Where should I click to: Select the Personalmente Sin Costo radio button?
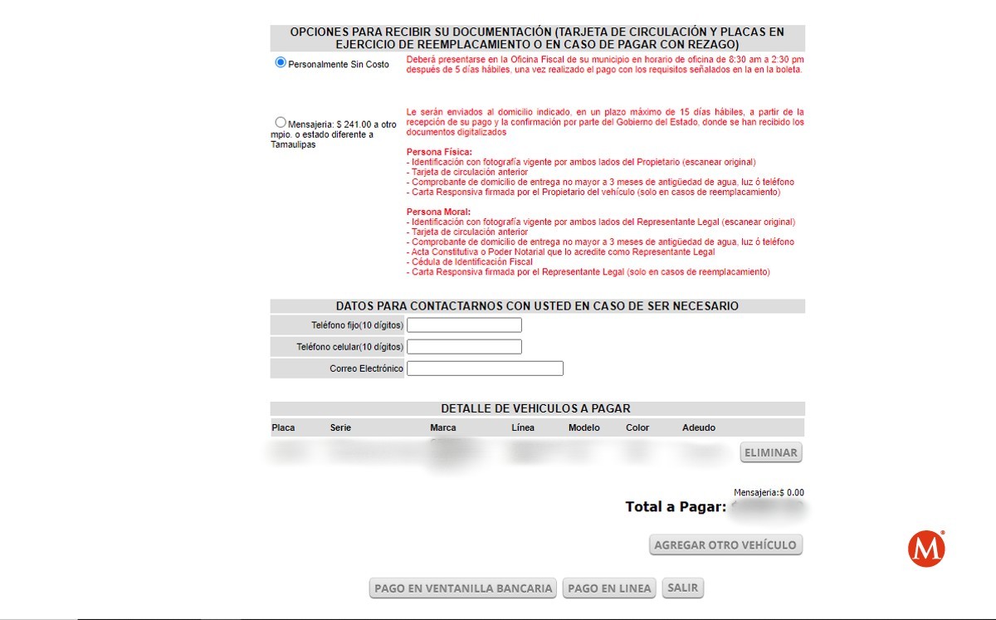tap(281, 63)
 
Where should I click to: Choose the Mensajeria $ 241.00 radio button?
tap(281, 123)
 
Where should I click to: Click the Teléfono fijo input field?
tap(464, 325)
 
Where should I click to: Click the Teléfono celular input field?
tap(464, 347)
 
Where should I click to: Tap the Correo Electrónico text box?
tap(485, 369)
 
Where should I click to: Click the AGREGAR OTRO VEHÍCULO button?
tap(725, 545)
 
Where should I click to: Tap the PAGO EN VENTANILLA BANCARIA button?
tap(463, 588)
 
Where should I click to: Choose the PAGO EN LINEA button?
tap(609, 588)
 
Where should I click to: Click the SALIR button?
tap(683, 588)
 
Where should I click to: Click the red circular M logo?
tap(926, 549)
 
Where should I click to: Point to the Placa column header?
tap(283, 428)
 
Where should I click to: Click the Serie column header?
tap(340, 428)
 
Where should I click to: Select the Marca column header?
tap(442, 428)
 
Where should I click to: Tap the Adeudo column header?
tap(698, 428)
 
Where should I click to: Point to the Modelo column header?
tap(583, 428)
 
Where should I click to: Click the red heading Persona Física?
tap(439, 152)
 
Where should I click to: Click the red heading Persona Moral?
tap(438, 212)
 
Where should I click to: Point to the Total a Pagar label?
tap(676, 507)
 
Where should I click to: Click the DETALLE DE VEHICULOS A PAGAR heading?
tap(535, 408)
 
